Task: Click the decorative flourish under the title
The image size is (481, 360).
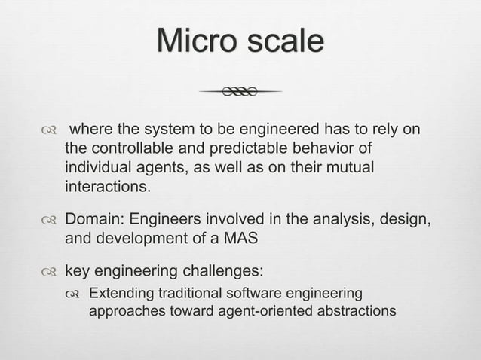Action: (x=240, y=92)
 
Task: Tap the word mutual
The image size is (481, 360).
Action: (x=349, y=166)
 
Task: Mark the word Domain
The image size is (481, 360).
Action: (x=93, y=221)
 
